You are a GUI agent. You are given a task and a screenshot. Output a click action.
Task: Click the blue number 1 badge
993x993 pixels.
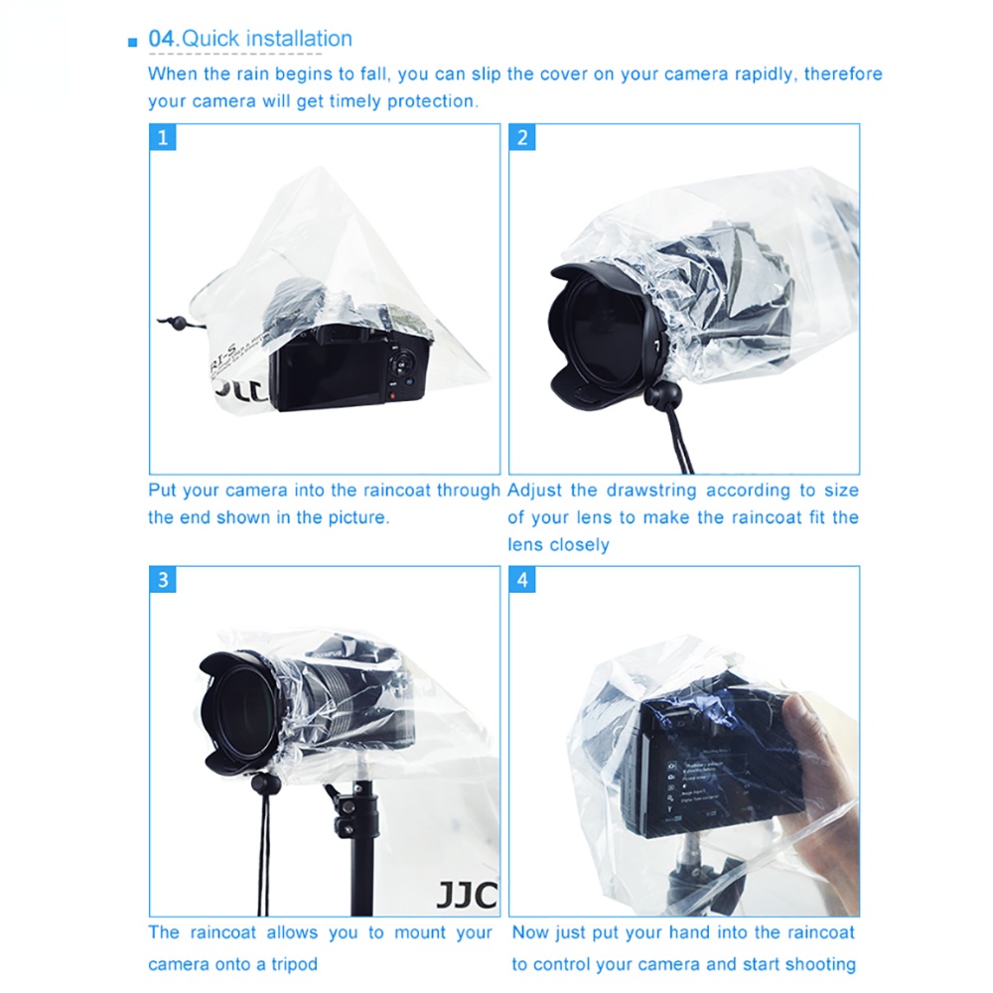[x=163, y=137]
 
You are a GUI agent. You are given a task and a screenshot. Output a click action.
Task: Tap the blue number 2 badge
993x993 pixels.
[x=522, y=137]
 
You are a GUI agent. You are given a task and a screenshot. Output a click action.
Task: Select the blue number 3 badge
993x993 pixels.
[x=163, y=580]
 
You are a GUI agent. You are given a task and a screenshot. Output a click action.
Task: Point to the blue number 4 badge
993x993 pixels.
[x=522, y=580]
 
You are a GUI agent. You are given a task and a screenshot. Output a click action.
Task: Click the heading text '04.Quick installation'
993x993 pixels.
[x=250, y=39]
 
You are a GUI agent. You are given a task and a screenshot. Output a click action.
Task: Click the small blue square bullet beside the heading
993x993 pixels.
[x=132, y=43]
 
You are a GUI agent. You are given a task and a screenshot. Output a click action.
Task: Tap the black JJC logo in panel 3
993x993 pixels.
[x=467, y=895]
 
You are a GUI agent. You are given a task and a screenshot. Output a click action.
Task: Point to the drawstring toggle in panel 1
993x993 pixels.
[x=179, y=323]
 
